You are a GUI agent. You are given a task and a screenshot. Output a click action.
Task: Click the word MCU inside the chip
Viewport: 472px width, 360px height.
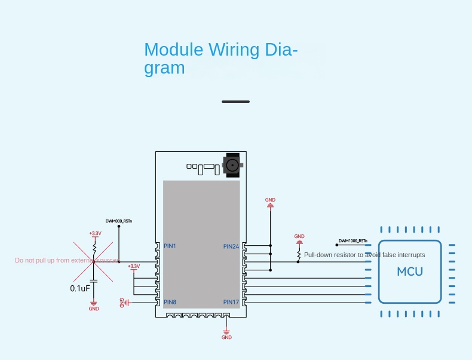coord(410,271)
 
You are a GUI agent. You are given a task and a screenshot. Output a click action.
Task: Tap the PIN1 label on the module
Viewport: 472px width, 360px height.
coord(170,246)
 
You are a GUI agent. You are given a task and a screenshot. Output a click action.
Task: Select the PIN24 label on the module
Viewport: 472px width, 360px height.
coord(231,246)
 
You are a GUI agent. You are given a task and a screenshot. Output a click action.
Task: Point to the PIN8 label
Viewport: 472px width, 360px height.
coord(170,302)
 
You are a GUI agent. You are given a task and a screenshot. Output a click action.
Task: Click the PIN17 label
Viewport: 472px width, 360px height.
coord(231,302)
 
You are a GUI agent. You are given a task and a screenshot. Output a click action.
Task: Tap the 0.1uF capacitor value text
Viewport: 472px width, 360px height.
coord(80,288)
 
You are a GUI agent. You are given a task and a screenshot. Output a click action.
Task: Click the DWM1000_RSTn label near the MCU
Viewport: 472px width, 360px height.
coord(353,241)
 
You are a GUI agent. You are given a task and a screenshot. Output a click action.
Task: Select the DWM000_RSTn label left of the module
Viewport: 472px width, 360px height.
coord(119,221)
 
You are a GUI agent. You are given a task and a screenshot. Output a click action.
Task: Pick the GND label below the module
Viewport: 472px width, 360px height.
coord(226,337)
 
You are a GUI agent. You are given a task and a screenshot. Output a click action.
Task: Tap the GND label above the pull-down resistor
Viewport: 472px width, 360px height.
coord(299,236)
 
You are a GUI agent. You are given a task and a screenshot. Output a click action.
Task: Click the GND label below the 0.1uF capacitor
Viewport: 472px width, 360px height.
coord(94,309)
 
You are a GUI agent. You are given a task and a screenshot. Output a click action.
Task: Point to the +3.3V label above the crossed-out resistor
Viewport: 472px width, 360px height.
coord(94,233)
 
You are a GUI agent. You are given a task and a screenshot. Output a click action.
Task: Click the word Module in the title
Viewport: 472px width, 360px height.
coord(173,50)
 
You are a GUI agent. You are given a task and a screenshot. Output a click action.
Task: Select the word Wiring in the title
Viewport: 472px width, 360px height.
coord(234,50)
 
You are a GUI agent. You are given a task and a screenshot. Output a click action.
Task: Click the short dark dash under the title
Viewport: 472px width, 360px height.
coord(235,102)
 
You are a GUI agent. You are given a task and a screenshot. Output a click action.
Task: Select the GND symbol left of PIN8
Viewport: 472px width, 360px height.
coord(124,303)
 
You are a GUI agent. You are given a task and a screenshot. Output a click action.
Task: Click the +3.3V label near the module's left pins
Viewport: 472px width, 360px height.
coord(134,266)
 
